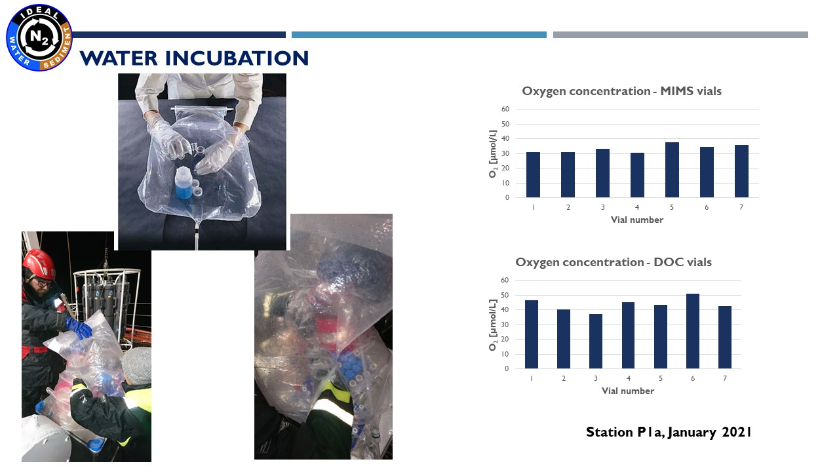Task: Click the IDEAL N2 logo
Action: (39, 37)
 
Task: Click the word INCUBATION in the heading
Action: (237, 58)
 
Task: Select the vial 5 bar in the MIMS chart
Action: (672, 170)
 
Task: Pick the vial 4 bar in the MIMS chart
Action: (637, 175)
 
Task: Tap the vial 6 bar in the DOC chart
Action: (693, 331)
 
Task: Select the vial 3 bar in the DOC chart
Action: (596, 342)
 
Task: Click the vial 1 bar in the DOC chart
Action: (532, 334)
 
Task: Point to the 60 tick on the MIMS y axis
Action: (505, 109)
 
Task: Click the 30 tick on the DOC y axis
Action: (505, 324)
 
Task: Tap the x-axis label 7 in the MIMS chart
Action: (741, 207)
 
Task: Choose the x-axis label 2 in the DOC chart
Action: (563, 378)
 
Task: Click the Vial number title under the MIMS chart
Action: (636, 220)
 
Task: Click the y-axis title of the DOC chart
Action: (492, 324)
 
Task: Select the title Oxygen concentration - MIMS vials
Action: (622, 91)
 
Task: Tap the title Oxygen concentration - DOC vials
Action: (614, 262)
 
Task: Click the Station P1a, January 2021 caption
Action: (669, 432)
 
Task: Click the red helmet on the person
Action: (39, 264)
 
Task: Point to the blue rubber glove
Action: (79, 327)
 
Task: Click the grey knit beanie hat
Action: (137, 365)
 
